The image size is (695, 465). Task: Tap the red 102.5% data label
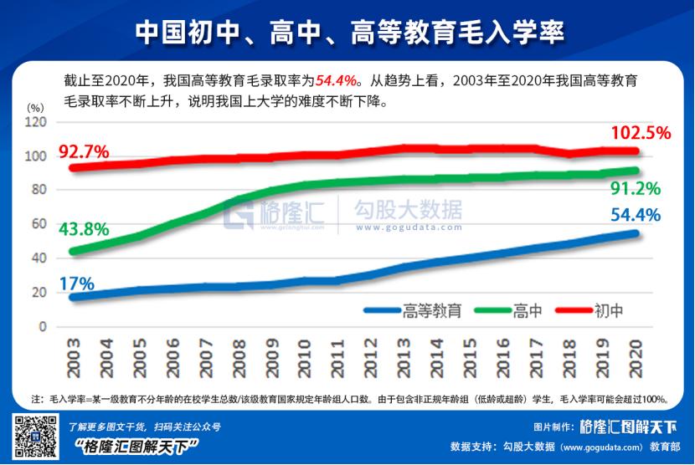[x=640, y=133]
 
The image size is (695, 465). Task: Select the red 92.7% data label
[x=85, y=152]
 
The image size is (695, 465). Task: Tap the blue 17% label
[x=76, y=283]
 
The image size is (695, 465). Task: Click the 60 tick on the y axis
[x=38, y=224]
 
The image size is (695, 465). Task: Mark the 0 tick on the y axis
[x=41, y=327]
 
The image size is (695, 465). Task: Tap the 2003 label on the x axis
[x=74, y=357]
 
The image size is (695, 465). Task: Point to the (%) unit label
[x=34, y=107]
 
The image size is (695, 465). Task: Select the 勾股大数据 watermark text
[x=408, y=209]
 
